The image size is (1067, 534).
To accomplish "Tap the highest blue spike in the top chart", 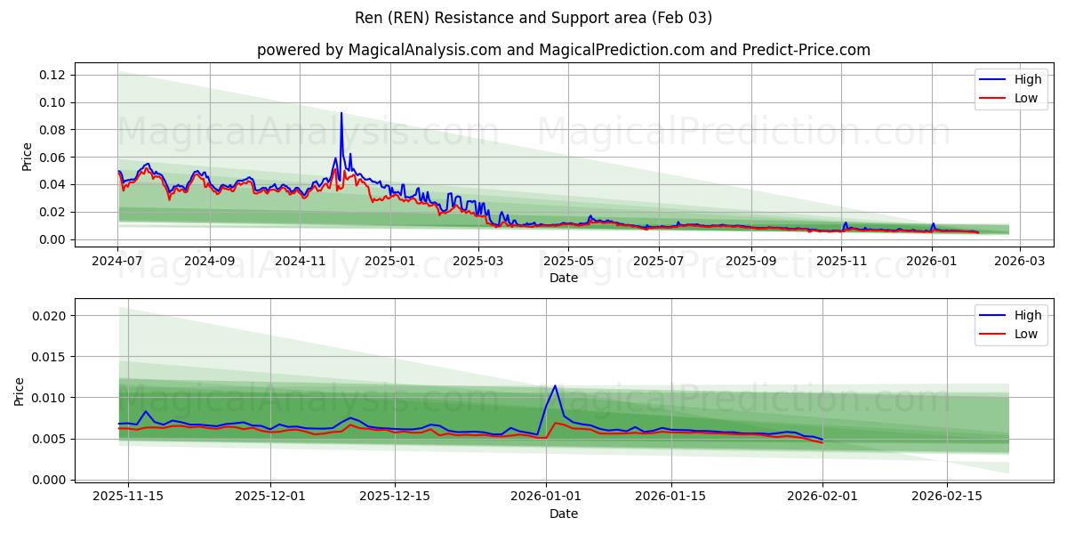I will click(341, 113).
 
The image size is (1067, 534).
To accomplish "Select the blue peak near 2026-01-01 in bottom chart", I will click(555, 385).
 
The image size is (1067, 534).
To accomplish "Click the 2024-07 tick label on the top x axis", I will click(117, 261).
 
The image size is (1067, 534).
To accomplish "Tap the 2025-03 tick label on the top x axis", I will click(478, 261).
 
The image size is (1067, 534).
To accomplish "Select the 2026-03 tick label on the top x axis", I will click(1019, 261).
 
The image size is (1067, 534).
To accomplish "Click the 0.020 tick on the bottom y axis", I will click(50, 316).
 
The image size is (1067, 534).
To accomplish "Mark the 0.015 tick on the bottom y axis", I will click(50, 357).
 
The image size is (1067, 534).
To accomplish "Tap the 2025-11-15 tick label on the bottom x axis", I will click(128, 497).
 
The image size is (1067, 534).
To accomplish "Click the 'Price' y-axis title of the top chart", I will click(27, 156).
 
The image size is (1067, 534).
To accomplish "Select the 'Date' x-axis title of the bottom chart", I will click(564, 514).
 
